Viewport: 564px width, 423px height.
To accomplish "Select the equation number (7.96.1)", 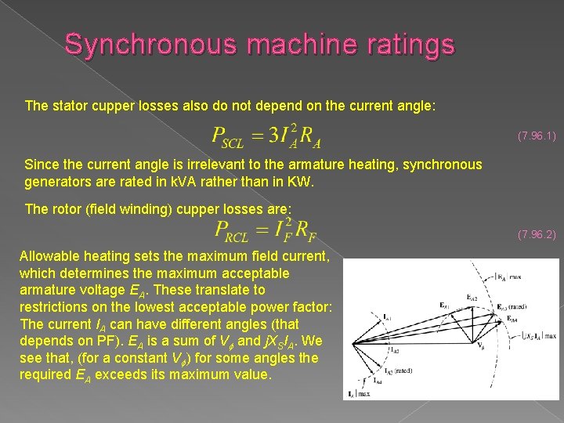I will pos(537,136).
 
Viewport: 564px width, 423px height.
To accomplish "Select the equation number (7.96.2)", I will pos(537,234).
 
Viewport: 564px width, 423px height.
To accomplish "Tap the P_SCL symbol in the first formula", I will pos(228,138).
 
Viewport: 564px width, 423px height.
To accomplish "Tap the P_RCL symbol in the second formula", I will pos(230,231).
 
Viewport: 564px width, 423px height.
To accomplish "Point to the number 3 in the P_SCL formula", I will pos(273,136).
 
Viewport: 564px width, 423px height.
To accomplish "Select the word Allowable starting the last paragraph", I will pos(50,256).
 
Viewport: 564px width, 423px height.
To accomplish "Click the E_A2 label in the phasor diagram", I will pos(472,298).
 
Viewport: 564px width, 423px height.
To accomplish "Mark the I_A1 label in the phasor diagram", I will pos(386,316).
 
